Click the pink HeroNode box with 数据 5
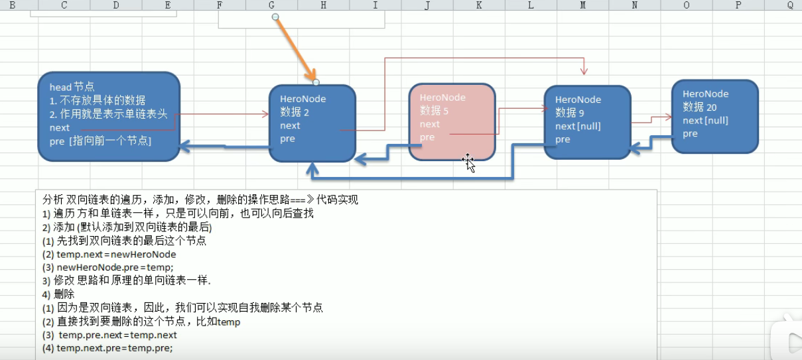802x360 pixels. click(x=452, y=121)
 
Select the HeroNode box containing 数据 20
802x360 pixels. click(x=714, y=117)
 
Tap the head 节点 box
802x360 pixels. click(x=109, y=117)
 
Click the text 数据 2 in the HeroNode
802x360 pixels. click(x=294, y=112)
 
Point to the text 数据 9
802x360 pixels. click(x=569, y=113)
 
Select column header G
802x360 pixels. click(x=272, y=5)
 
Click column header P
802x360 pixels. click(x=738, y=5)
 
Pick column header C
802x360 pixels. click(x=64, y=5)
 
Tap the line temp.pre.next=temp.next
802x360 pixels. click(x=117, y=335)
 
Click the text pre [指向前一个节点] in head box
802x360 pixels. click(x=100, y=141)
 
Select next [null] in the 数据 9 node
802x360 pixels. click(x=578, y=126)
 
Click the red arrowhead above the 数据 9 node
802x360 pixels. click(x=584, y=70)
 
